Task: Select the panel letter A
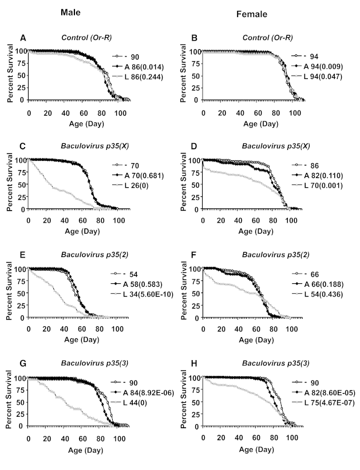point(23,38)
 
